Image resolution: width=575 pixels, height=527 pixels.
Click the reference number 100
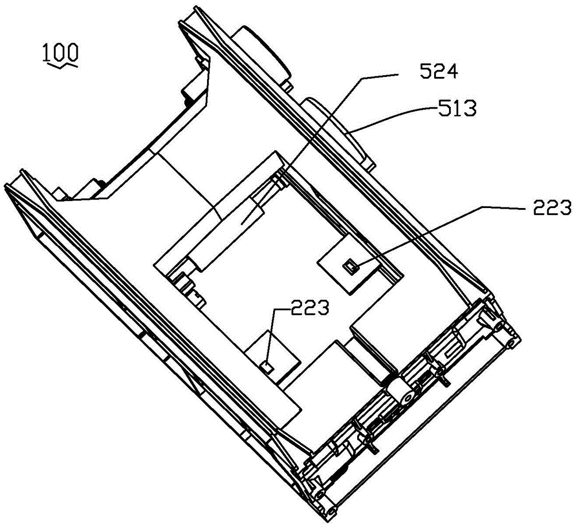tap(60, 52)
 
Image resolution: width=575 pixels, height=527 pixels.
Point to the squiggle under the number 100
tap(60, 65)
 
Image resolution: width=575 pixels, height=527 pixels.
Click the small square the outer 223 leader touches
tap(351, 265)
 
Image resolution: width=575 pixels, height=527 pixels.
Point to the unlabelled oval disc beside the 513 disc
tap(260, 53)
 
